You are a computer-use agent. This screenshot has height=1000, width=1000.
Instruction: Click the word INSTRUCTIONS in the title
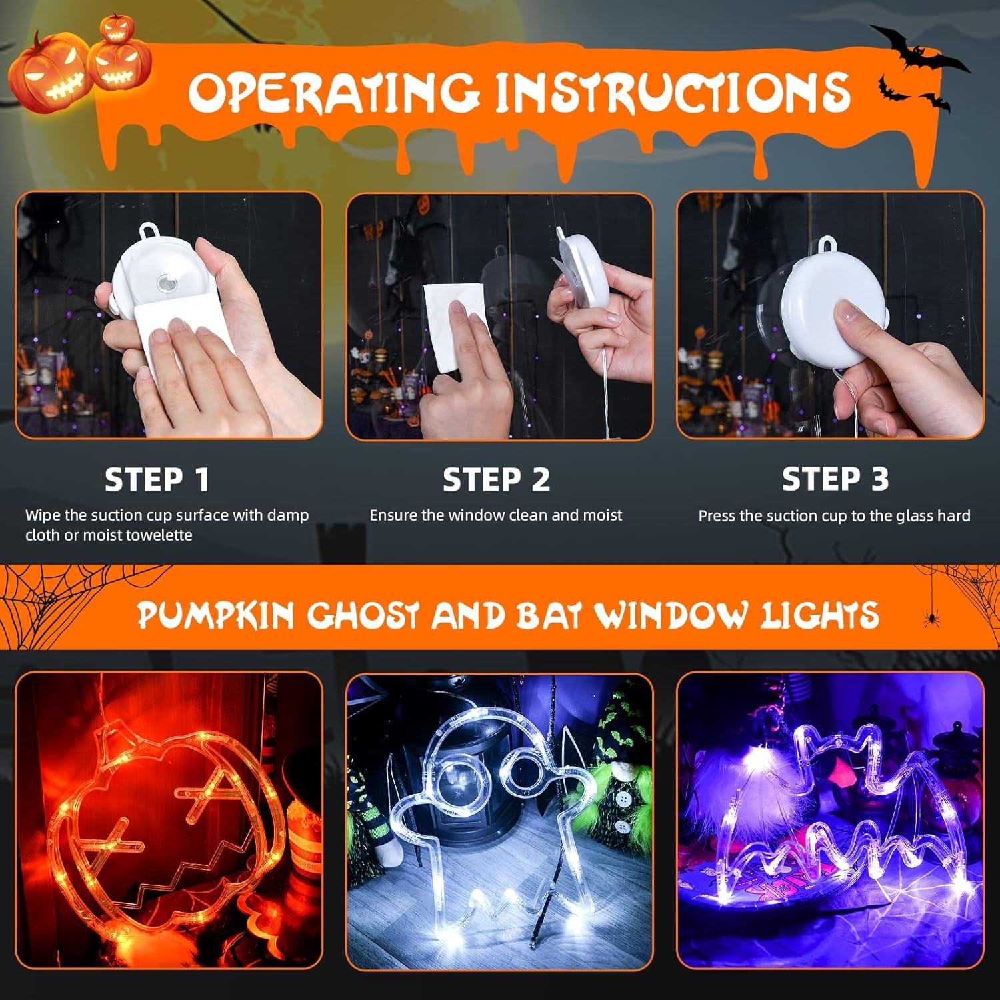click(672, 92)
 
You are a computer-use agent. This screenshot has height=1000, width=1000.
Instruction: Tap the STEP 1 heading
click(157, 479)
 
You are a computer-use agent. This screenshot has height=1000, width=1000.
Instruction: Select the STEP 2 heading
click(497, 479)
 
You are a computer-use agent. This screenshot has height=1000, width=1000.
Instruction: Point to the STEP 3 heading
click(835, 479)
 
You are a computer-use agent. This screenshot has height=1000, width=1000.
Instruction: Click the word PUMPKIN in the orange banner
click(215, 615)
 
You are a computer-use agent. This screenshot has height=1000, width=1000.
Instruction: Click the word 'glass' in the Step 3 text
click(918, 516)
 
